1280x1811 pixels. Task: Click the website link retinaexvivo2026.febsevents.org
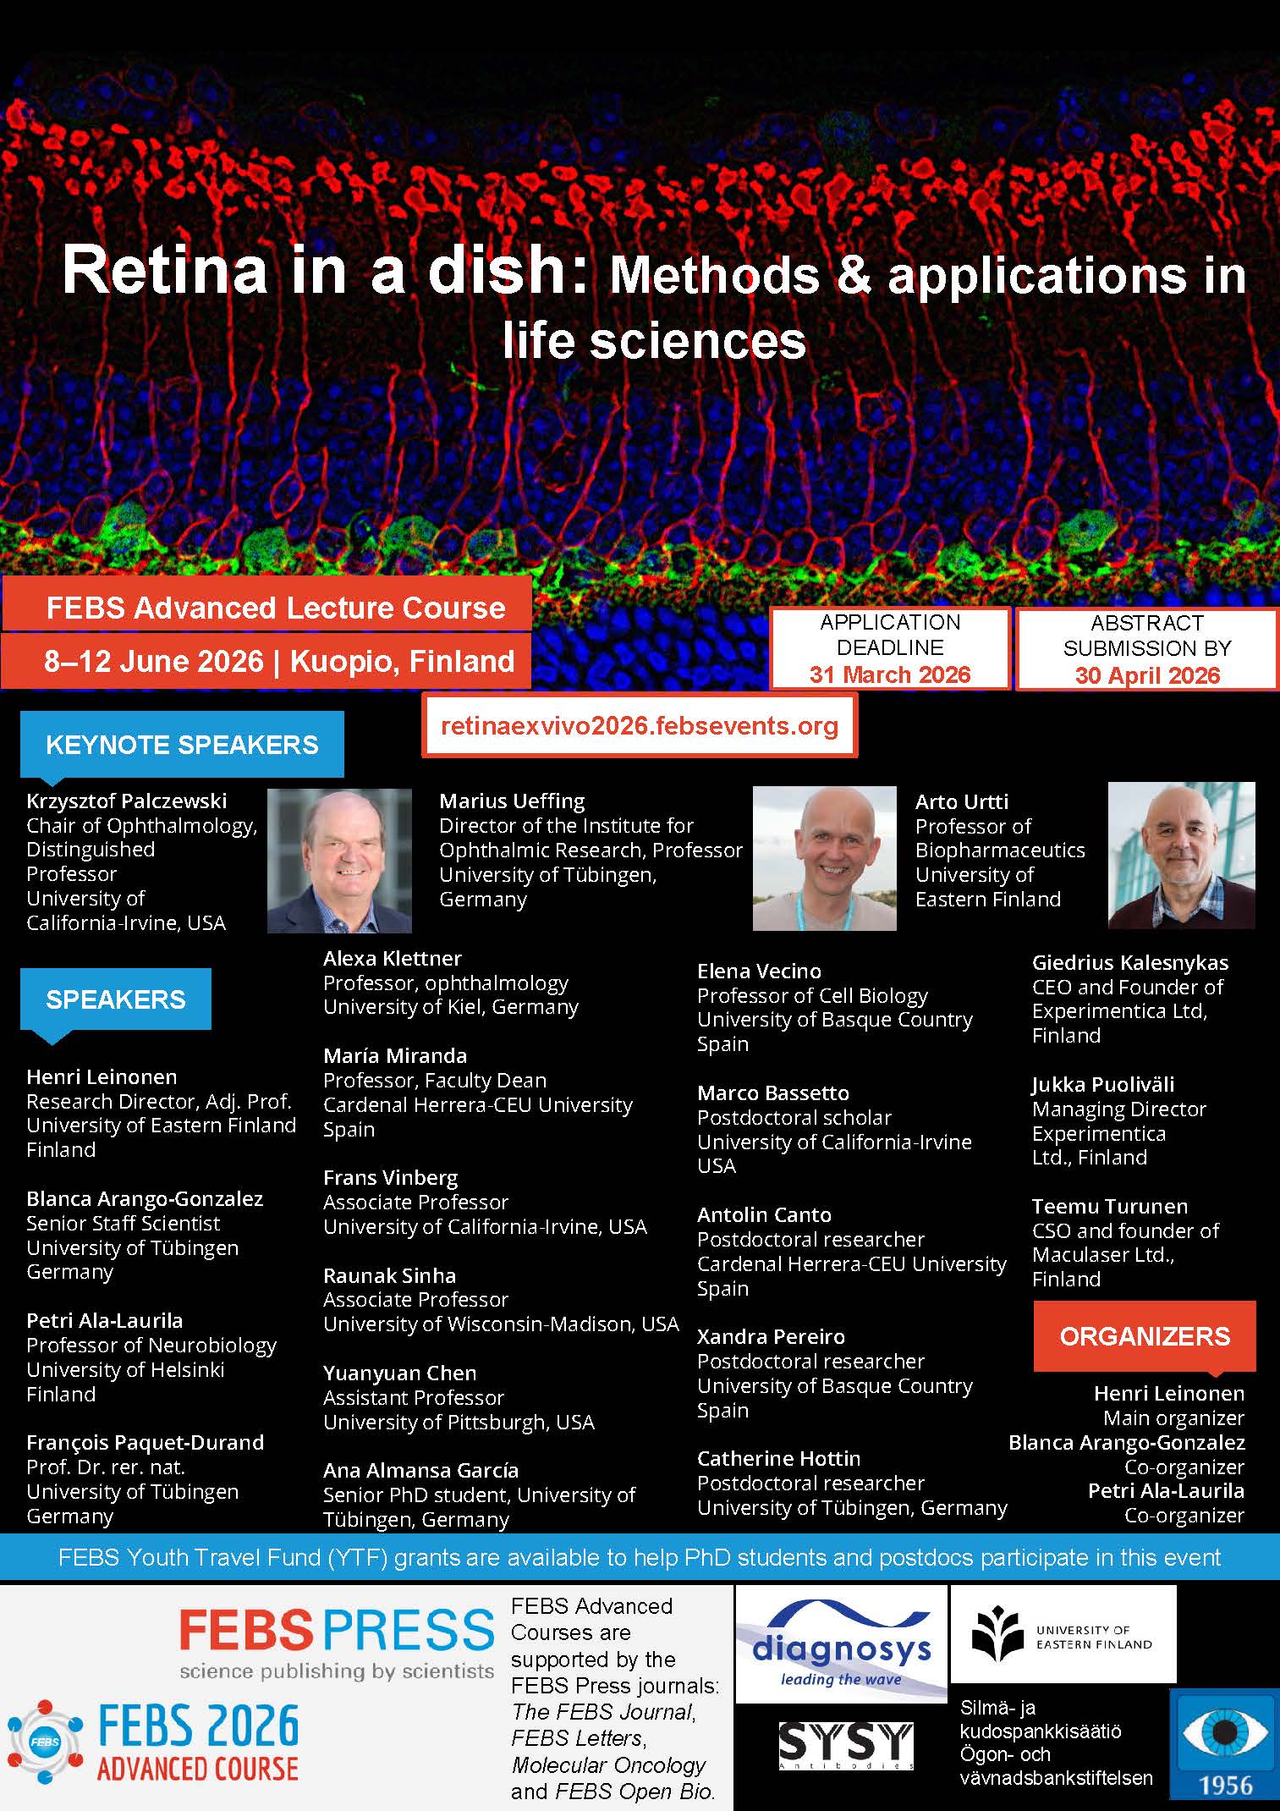point(640,725)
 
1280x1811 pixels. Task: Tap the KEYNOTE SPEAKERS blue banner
point(182,744)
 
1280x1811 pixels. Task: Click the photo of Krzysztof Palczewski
point(339,861)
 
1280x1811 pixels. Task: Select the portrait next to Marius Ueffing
point(825,859)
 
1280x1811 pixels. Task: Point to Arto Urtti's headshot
point(1181,855)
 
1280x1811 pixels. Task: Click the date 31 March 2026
point(890,674)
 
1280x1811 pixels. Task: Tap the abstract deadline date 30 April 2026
point(1147,675)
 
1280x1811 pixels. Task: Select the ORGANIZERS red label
point(1145,1336)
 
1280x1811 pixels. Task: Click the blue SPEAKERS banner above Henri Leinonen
point(116,999)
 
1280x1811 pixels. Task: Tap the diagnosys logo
point(841,1644)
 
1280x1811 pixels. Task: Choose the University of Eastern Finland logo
point(1063,1634)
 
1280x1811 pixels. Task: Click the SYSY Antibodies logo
point(846,1746)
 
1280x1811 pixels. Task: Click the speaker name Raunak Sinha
point(389,1275)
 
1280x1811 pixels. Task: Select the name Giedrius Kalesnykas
point(1130,962)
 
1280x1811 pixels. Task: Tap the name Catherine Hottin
point(778,1458)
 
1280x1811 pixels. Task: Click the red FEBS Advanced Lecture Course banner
point(267,607)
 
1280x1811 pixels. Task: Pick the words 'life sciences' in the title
point(654,340)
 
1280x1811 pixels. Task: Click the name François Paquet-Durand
point(145,1442)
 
